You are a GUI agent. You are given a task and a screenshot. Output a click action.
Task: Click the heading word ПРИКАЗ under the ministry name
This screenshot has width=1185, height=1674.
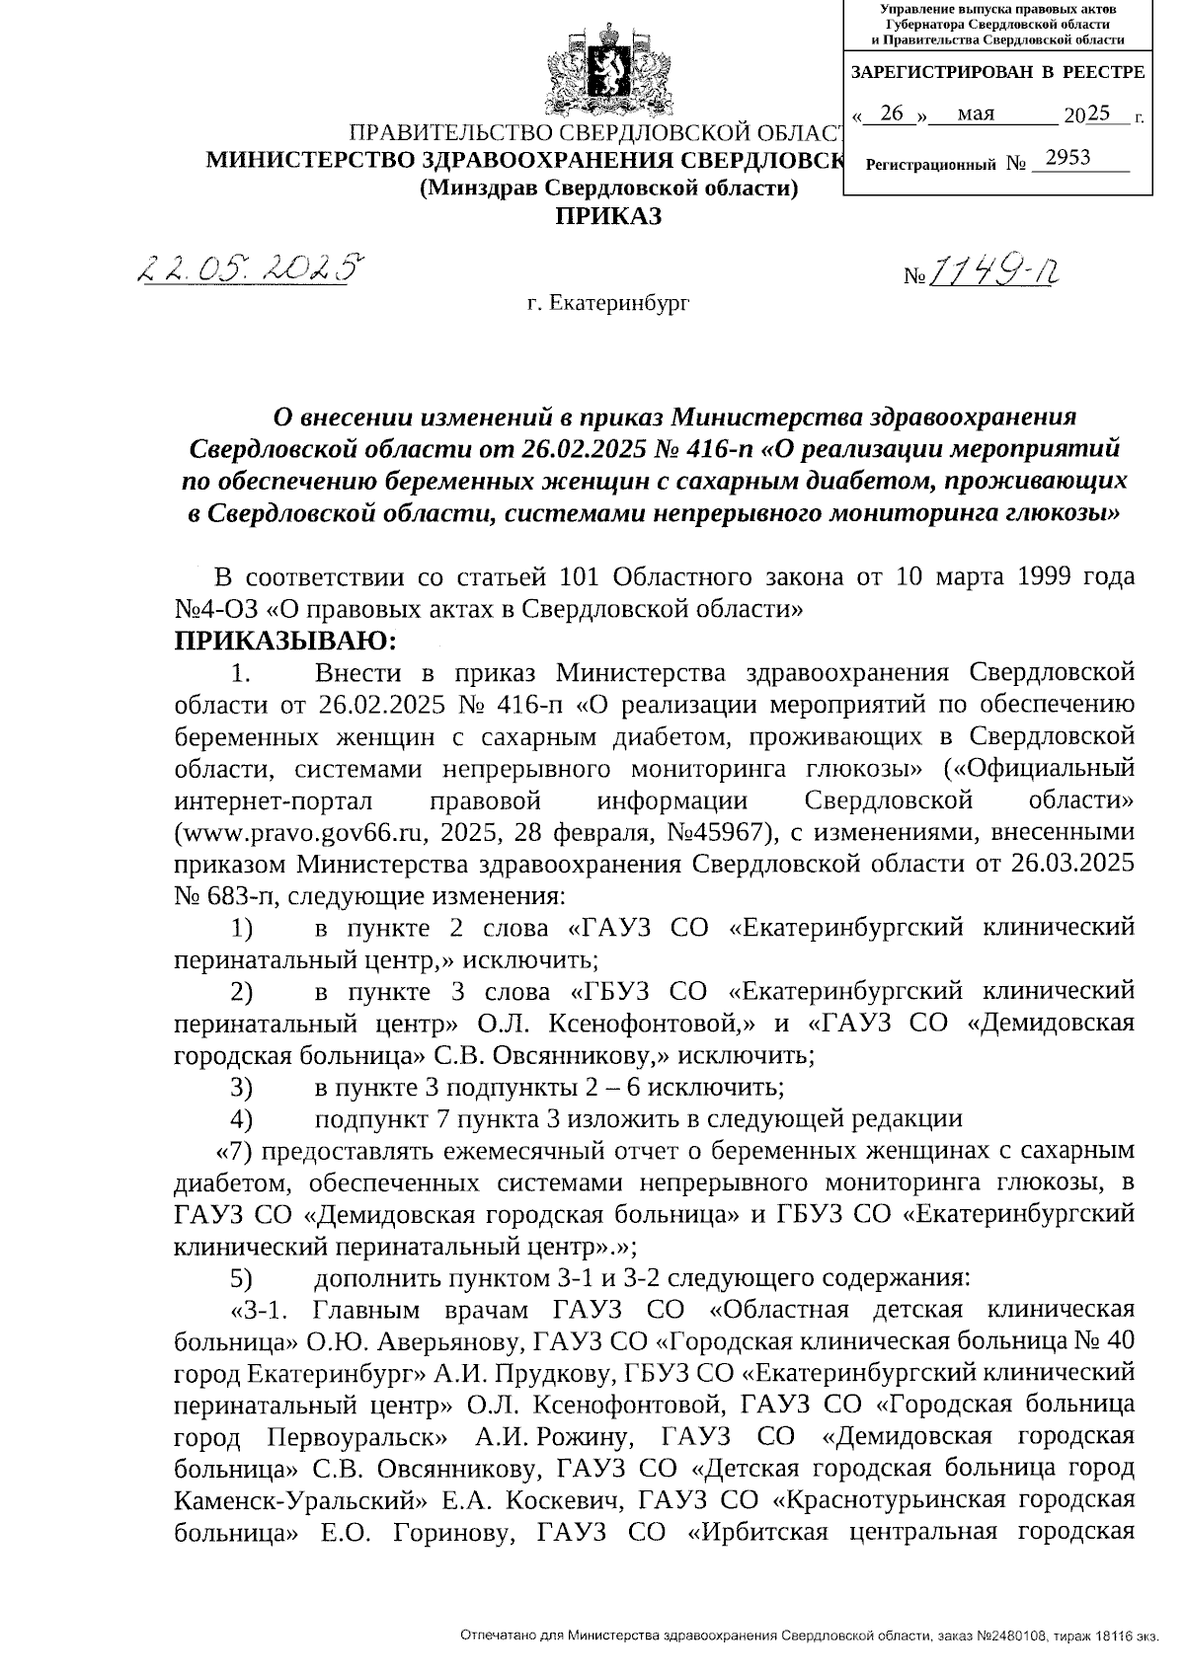(607, 216)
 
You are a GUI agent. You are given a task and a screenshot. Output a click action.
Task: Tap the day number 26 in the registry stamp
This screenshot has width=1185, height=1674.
(892, 114)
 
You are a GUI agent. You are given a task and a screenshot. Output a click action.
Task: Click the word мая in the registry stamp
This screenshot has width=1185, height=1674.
(977, 114)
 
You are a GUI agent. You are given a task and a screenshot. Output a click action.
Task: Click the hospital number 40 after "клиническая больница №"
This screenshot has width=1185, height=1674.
(1114, 1341)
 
